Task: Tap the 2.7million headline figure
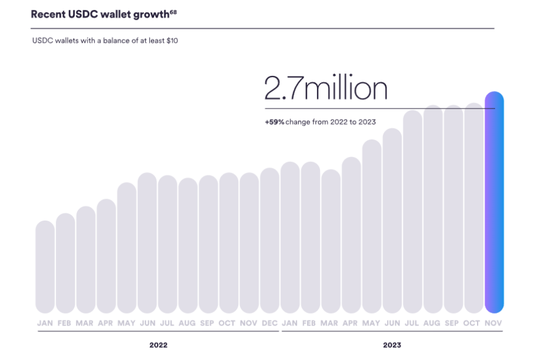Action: point(326,89)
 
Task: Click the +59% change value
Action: point(274,122)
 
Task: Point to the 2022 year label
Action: point(158,345)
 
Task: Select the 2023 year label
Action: point(392,345)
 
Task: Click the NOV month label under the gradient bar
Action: point(494,323)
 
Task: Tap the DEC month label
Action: point(270,323)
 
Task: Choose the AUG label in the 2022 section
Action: point(188,323)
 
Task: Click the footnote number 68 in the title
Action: point(173,11)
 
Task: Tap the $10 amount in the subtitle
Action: point(171,42)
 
